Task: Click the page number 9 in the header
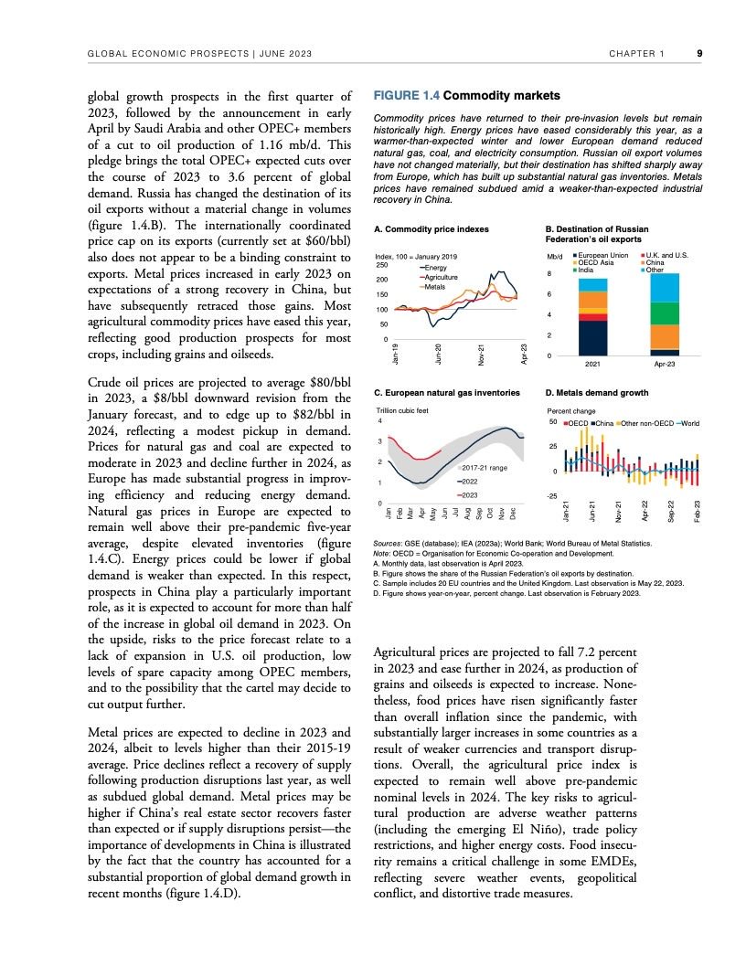(x=699, y=53)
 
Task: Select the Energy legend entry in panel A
(x=434, y=267)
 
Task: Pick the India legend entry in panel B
(x=586, y=270)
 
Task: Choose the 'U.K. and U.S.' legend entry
(x=666, y=255)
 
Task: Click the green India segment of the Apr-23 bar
(x=666, y=313)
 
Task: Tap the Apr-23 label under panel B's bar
(x=666, y=365)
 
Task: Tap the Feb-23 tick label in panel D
(x=698, y=511)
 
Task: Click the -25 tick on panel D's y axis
(x=551, y=496)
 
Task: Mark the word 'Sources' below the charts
(x=390, y=543)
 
